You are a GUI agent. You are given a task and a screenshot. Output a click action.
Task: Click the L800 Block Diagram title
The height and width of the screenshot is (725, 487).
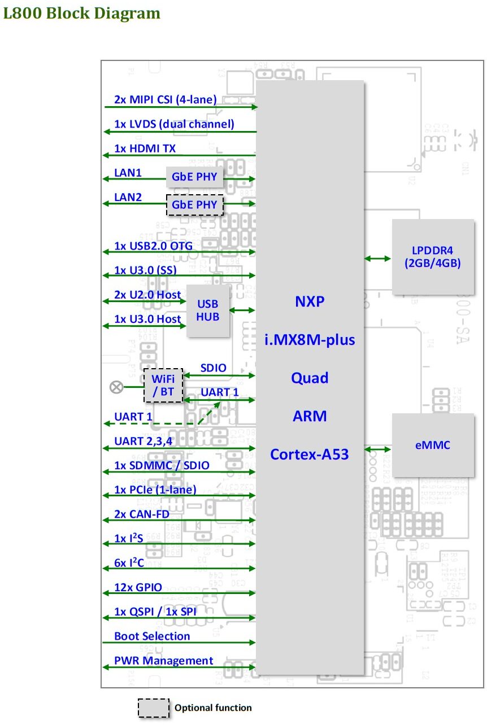tap(81, 13)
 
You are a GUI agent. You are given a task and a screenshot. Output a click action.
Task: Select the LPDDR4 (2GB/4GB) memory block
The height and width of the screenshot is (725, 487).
tap(433, 257)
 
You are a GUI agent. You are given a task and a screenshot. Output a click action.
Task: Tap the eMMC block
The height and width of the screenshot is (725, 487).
tap(433, 445)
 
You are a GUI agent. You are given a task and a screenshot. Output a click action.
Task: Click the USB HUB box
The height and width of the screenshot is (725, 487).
tap(208, 311)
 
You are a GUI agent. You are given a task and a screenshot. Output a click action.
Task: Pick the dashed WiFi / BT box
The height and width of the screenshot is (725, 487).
tap(164, 386)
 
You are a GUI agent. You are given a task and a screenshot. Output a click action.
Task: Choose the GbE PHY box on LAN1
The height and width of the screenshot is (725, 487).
tap(194, 177)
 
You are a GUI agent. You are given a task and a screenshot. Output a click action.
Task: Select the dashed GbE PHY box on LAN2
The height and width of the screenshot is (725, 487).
tap(194, 204)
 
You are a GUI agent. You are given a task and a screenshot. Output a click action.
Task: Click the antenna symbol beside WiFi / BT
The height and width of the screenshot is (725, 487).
tap(116, 387)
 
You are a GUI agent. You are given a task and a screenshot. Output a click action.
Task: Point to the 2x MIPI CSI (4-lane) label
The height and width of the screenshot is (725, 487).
tap(165, 99)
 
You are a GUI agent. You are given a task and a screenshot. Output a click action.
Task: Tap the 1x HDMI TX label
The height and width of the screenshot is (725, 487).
tap(145, 149)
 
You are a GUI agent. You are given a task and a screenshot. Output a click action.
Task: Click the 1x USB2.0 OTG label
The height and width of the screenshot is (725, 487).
tap(153, 246)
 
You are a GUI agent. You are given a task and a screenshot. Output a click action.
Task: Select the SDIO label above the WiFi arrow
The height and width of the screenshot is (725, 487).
tap(214, 368)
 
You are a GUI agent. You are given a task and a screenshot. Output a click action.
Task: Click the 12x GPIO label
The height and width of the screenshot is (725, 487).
tap(138, 587)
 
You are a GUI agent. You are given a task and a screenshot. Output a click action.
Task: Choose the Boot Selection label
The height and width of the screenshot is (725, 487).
tap(152, 636)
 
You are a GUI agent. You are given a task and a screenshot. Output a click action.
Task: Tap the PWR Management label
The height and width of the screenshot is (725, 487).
tap(164, 661)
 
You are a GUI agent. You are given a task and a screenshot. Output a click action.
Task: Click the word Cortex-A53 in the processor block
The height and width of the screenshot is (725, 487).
tap(309, 454)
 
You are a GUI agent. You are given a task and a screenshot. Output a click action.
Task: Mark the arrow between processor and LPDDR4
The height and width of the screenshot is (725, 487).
tap(377, 258)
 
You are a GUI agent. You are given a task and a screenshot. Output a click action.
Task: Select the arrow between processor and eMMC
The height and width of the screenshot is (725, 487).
tap(377, 449)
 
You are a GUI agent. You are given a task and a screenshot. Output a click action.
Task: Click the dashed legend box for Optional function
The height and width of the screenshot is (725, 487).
tap(154, 708)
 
